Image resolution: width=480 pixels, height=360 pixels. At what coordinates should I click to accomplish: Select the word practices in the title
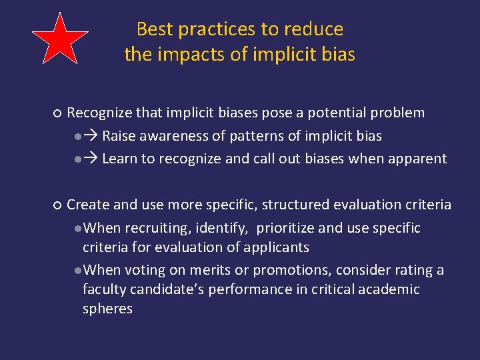(215, 29)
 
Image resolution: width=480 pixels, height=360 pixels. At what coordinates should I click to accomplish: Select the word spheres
(107, 309)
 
